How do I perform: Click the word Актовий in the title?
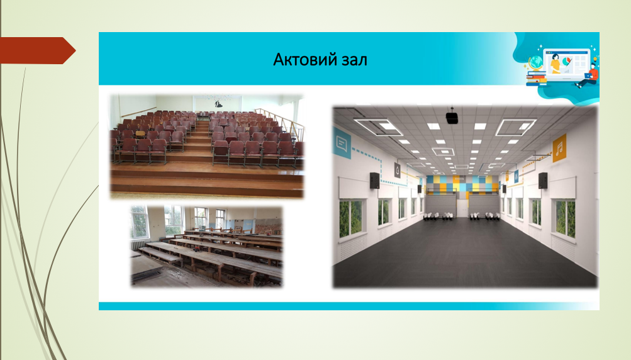299,60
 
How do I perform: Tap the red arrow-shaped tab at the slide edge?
38,50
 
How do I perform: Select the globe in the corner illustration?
535,64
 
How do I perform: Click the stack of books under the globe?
537,78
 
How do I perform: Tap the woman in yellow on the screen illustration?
556,64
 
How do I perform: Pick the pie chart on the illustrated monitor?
567,61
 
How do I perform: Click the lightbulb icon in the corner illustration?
595,59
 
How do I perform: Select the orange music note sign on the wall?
559,149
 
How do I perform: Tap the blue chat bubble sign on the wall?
342,142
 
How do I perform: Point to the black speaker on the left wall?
374,181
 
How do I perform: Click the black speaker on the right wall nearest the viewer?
543,181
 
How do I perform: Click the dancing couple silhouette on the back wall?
218,103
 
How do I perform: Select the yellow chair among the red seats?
140,133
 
